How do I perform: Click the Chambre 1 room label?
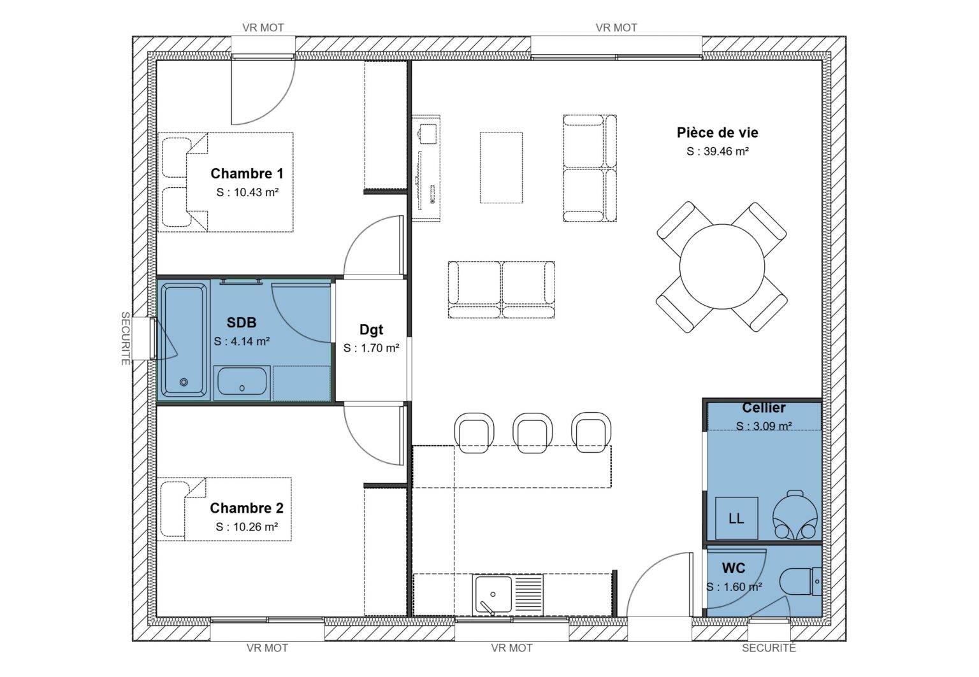[247, 173]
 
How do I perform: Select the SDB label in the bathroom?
[242, 323]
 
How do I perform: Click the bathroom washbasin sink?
[242, 382]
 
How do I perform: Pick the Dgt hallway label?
[371, 329]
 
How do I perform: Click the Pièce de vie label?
[717, 132]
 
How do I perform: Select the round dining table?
[722, 267]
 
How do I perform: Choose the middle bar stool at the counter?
[533, 432]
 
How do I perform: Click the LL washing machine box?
[736, 518]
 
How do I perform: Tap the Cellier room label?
[764, 408]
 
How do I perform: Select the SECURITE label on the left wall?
[126, 338]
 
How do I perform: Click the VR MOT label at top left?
[263, 27]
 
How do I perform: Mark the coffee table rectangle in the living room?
[501, 167]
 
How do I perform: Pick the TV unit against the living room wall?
[426, 168]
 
